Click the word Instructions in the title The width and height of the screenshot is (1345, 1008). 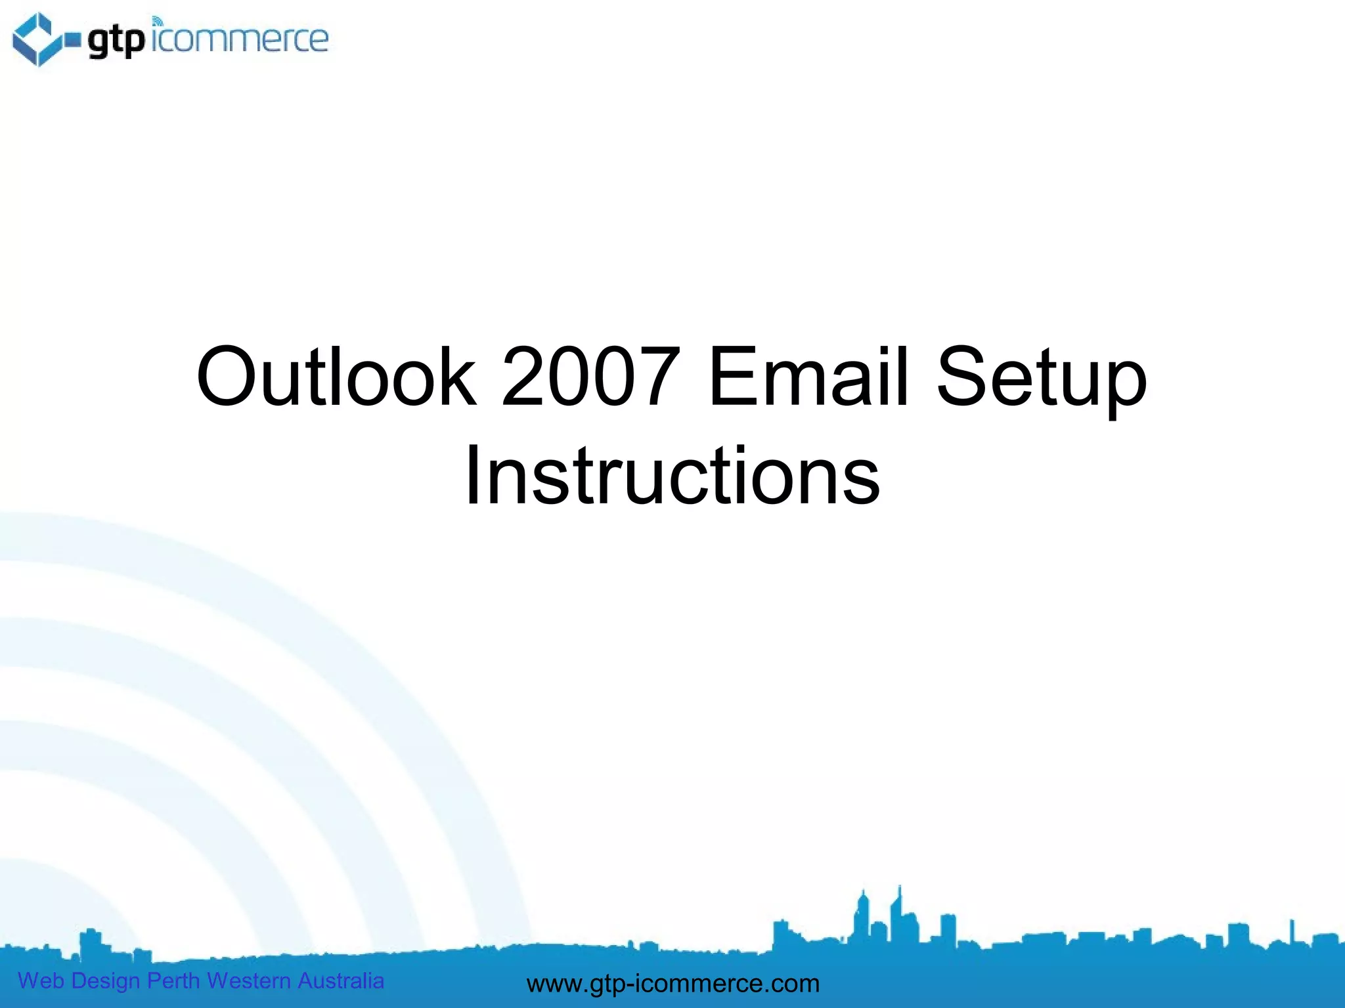click(672, 476)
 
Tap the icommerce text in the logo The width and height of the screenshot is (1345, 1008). click(239, 39)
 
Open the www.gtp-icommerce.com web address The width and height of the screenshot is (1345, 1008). click(673, 984)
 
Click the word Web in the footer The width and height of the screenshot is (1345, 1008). click(41, 980)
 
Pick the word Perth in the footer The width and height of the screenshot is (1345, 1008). click(173, 980)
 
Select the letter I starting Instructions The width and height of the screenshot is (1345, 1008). click(472, 476)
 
